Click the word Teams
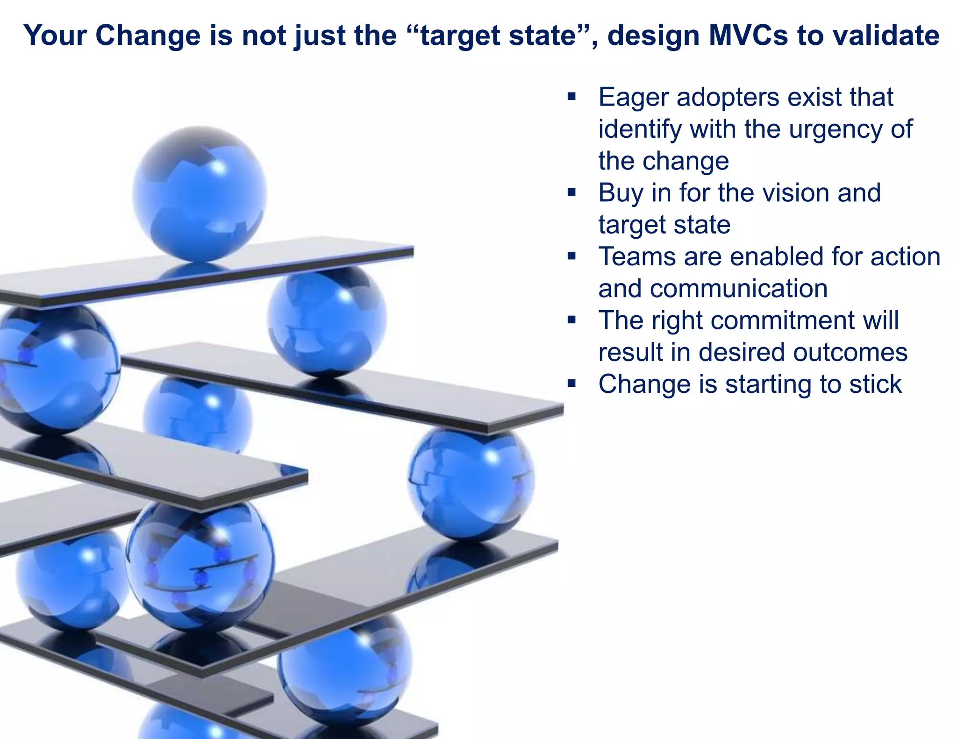pyautogui.click(x=637, y=257)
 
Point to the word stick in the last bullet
pyautogui.click(x=875, y=384)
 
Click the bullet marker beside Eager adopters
pyautogui.click(x=571, y=97)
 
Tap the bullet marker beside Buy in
pyautogui.click(x=571, y=192)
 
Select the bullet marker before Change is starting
pyautogui.click(x=571, y=384)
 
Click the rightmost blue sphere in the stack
pyautogui.click(x=471, y=483)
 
